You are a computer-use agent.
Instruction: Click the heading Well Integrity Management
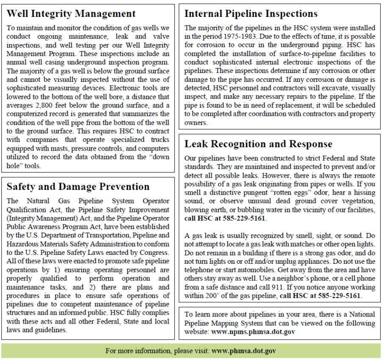tap(71, 14)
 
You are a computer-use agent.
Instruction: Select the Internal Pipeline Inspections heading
tap(251, 14)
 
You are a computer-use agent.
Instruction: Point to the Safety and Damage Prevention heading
tap(78, 187)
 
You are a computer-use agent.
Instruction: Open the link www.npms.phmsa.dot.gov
tap(253, 332)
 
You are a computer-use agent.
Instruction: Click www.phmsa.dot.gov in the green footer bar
tap(244, 351)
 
